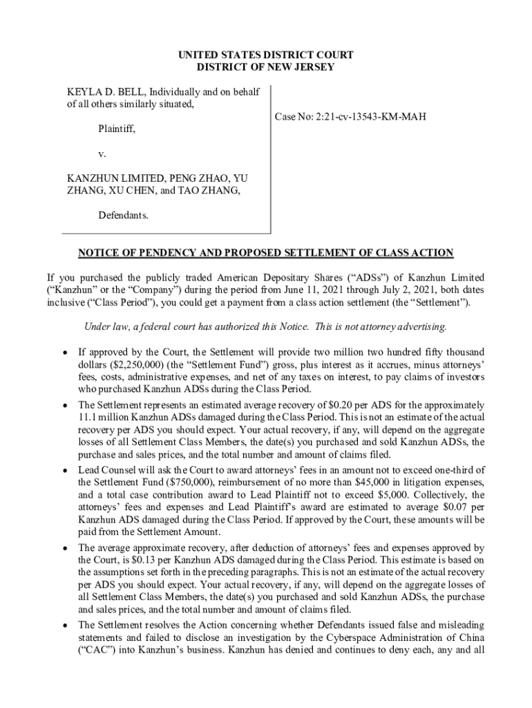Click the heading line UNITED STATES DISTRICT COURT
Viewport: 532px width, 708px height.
(265, 55)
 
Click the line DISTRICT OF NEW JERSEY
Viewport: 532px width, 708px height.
(265, 67)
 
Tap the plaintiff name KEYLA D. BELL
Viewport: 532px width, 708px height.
(104, 92)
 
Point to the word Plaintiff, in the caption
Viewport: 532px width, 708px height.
(117, 129)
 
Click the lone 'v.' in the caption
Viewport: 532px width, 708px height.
(102, 154)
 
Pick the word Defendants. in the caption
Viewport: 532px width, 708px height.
(123, 216)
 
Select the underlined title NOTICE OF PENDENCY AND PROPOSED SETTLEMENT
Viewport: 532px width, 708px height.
(265, 253)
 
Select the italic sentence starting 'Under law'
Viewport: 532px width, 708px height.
(265, 327)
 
